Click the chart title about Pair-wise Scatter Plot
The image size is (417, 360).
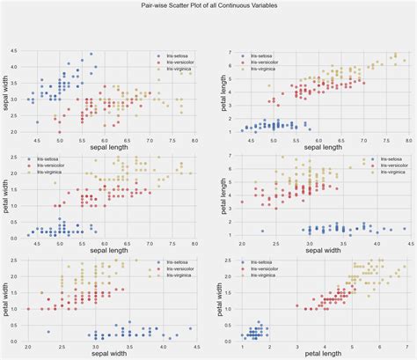(208, 5)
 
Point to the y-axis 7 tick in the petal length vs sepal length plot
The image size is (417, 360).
(229, 53)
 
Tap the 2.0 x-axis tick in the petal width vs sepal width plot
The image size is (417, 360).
(28, 346)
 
